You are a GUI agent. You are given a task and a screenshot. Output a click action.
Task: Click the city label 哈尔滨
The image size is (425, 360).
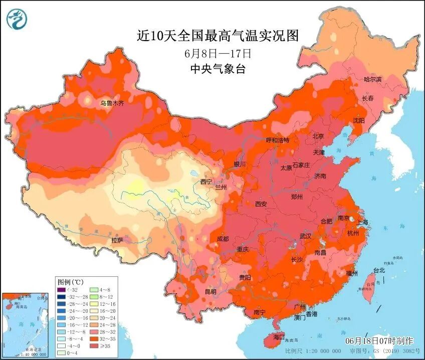[x=372, y=80]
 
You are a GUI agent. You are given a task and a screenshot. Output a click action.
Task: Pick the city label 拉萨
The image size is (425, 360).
[x=117, y=240]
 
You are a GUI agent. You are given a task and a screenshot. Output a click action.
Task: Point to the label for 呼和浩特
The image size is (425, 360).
[x=278, y=140]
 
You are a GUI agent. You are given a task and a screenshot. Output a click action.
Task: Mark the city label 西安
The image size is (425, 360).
[x=261, y=204]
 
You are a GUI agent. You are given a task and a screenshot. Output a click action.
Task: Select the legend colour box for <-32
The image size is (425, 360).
[x=61, y=289]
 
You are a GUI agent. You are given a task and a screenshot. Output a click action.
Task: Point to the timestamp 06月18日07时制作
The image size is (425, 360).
[x=379, y=340]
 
